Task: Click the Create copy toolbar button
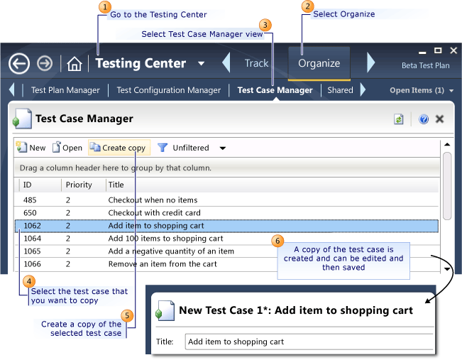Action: click(x=119, y=148)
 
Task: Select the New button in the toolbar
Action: click(x=31, y=148)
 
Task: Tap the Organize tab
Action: click(x=319, y=63)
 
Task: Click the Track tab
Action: click(x=256, y=63)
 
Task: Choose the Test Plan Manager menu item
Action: click(x=65, y=90)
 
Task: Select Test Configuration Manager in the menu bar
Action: click(x=168, y=90)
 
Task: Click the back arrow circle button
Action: click(x=19, y=63)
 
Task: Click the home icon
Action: click(x=75, y=64)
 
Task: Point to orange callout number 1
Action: click(x=105, y=8)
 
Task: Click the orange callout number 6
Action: click(x=278, y=241)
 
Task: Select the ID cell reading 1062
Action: click(x=32, y=226)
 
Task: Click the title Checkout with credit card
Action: click(x=154, y=213)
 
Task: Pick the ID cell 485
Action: click(x=30, y=200)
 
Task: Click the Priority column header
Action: click(x=79, y=185)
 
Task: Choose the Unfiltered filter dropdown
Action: click(x=192, y=148)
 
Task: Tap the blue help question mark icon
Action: click(x=424, y=119)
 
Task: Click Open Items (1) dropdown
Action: click(x=422, y=90)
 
